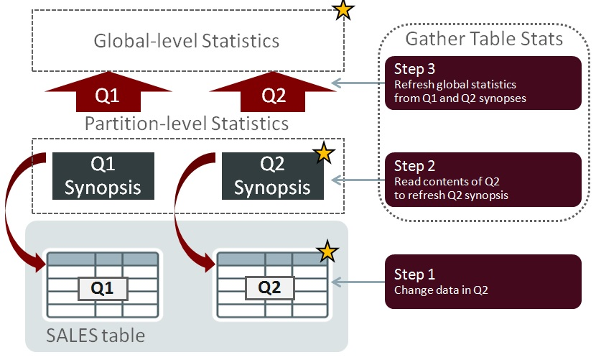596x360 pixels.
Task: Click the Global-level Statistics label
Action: (x=187, y=40)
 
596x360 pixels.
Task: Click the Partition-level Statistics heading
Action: (x=187, y=123)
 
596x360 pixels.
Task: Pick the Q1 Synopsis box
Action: (x=103, y=176)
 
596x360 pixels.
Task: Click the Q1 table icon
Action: (x=103, y=285)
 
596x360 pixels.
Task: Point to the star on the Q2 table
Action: (x=327, y=251)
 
